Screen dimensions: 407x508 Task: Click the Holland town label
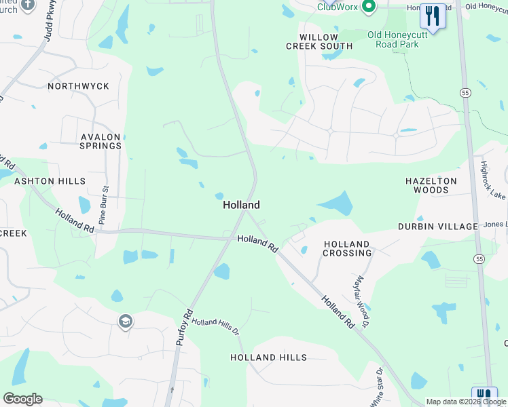(241, 204)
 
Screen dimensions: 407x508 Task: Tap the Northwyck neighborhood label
(78, 86)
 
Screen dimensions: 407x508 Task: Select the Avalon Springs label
(101, 141)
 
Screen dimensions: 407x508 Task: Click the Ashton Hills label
(50, 181)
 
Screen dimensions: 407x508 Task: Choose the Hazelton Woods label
(431, 186)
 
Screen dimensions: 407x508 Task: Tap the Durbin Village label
(439, 226)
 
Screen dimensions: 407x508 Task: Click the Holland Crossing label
(347, 248)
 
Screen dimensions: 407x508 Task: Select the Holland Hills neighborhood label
(268, 357)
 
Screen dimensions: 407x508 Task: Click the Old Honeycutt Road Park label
(403, 39)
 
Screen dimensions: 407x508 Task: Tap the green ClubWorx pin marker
(369, 7)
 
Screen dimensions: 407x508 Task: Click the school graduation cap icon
(125, 322)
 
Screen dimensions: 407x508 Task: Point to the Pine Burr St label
(104, 206)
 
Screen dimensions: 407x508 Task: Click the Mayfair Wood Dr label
(361, 299)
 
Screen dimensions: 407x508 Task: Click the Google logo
(22, 399)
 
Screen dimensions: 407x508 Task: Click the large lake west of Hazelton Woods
(336, 203)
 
